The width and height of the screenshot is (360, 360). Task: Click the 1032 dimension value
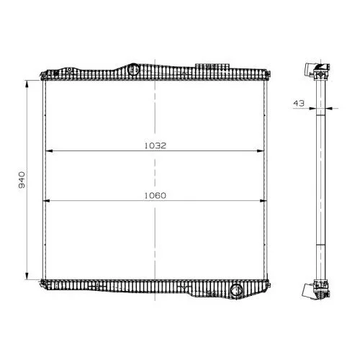tap(156, 145)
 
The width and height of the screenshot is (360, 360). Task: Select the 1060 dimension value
tap(156, 196)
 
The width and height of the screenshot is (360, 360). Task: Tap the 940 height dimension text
tap(22, 180)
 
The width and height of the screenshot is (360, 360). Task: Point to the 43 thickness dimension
tap(299, 103)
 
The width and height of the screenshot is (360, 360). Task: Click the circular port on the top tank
tap(133, 69)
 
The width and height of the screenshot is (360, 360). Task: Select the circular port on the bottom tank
tap(236, 290)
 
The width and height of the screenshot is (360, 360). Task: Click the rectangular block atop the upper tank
tap(212, 66)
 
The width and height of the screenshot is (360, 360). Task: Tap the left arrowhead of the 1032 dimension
tap(49, 151)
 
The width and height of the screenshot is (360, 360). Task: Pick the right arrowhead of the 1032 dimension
tap(261, 151)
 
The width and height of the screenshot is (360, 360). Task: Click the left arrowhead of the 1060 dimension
tap(46, 201)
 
